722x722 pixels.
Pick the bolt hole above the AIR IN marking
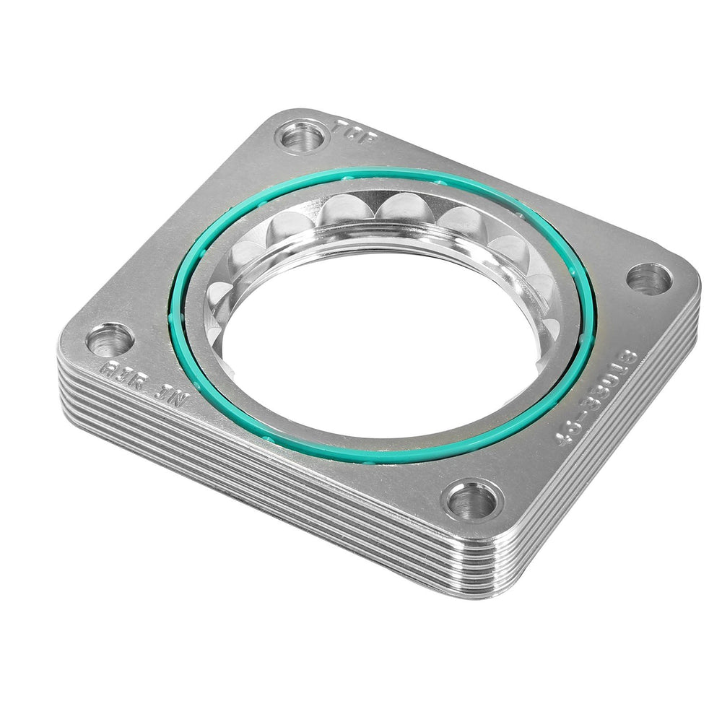coord(110,339)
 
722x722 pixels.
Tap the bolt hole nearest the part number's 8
coord(648,278)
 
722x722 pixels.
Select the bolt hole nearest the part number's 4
coord(472,500)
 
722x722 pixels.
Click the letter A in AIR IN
coord(105,367)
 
